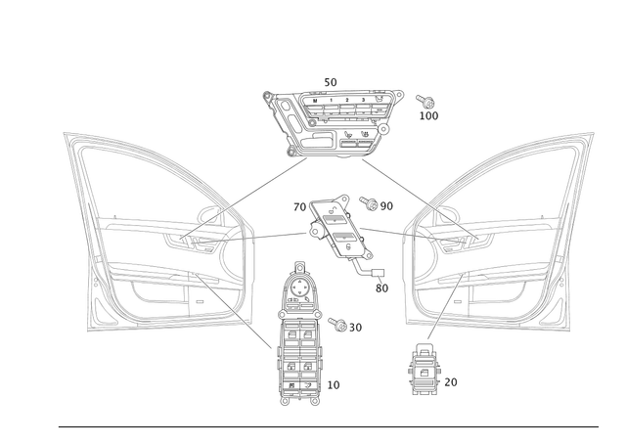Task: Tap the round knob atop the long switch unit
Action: [300, 268]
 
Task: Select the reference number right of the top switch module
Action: [427, 108]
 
